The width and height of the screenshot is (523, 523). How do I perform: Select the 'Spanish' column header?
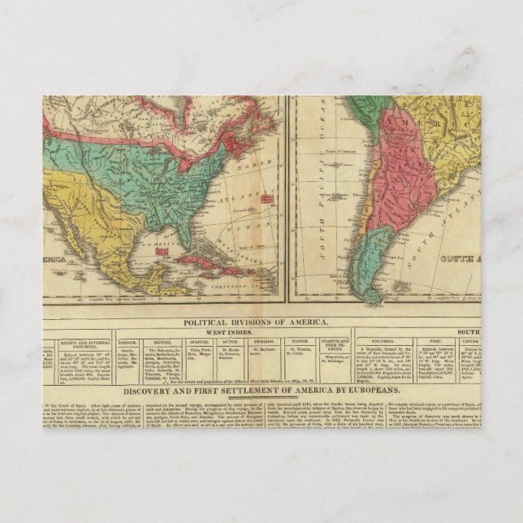pyautogui.click(x=200, y=342)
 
